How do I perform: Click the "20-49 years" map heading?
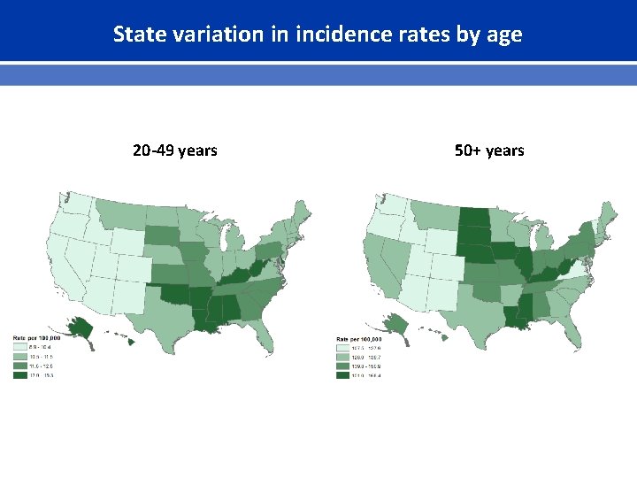point(174,150)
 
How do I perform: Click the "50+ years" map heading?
point(489,150)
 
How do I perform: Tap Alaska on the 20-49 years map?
point(81,328)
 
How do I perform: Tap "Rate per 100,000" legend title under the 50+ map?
point(358,339)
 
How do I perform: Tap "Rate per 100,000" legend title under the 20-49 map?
point(35,339)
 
